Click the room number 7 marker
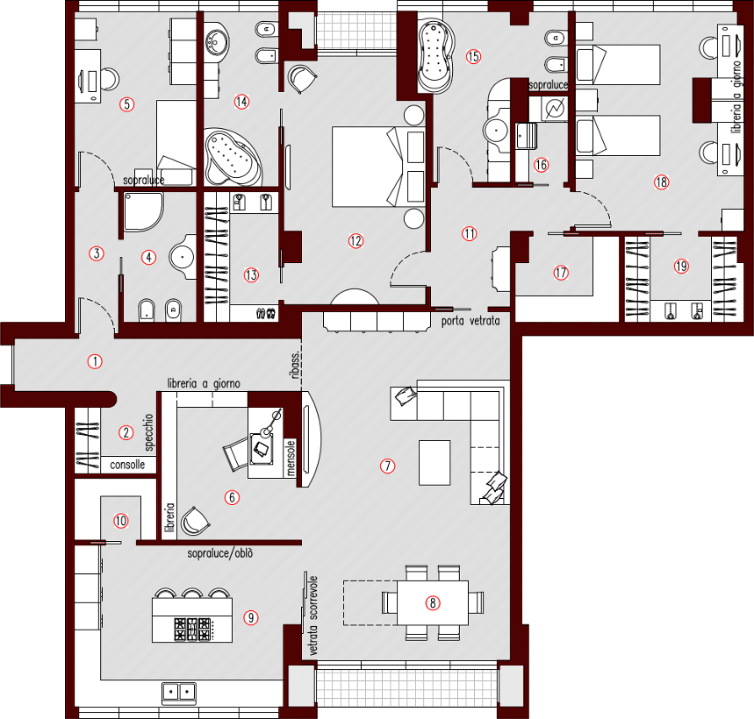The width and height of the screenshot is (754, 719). [x=387, y=466]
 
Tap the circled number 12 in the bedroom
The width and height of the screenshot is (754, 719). [x=355, y=241]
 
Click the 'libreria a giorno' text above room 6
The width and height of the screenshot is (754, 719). [x=204, y=384]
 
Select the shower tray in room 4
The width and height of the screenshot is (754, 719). [x=142, y=211]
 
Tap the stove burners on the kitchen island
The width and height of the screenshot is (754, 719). [x=193, y=629]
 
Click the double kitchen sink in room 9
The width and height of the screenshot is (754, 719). [x=178, y=693]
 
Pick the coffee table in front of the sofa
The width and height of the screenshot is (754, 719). [x=434, y=462]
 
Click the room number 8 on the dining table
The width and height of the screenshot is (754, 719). [x=432, y=603]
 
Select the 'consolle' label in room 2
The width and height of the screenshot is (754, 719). [x=128, y=466]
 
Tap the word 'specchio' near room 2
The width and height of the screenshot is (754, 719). [x=149, y=432]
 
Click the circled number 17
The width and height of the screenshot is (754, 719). [x=562, y=273]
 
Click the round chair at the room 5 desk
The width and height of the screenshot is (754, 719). [x=108, y=79]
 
